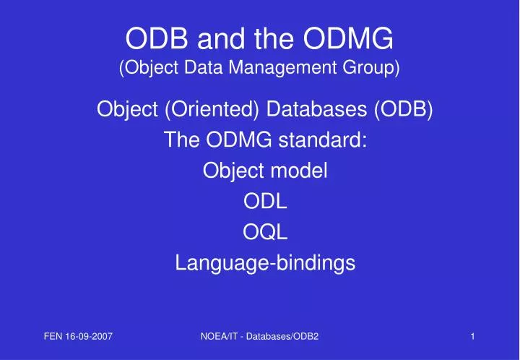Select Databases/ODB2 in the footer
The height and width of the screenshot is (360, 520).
285,336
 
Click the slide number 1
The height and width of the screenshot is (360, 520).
472,336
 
